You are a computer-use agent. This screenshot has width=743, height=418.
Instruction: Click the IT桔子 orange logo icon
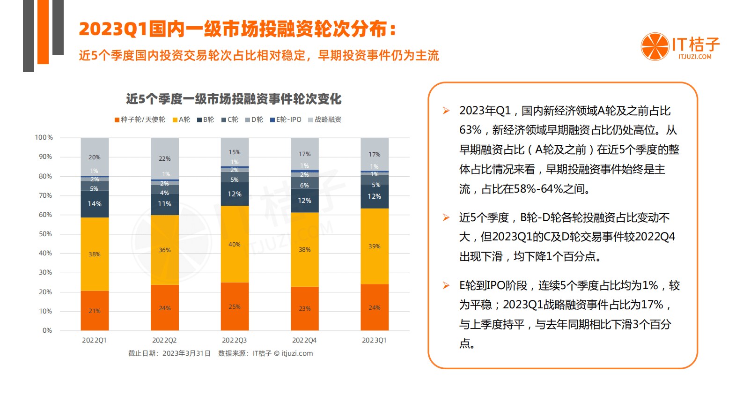coord(655,46)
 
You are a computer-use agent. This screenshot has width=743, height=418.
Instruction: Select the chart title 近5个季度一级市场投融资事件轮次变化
coord(234,99)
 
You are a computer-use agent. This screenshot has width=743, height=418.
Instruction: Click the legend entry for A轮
coord(182,120)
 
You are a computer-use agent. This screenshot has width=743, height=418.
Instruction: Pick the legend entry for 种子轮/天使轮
coord(140,120)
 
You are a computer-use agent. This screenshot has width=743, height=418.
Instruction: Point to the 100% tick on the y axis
coord(44,138)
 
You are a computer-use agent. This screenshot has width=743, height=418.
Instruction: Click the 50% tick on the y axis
coord(45,234)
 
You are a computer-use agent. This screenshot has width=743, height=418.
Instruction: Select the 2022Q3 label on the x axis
coord(234,340)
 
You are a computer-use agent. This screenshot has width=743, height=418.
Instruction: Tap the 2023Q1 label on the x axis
coord(374,340)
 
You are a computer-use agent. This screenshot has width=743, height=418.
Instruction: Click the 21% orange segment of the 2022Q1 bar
coord(95,311)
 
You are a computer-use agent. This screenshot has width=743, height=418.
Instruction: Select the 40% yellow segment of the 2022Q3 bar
coord(235,244)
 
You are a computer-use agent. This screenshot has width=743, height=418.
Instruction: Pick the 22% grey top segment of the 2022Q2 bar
coord(164,158)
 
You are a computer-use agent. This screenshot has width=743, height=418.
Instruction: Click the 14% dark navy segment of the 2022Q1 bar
coord(95,204)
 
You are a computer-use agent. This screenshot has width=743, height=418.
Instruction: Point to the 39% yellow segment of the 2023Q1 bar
coord(375,246)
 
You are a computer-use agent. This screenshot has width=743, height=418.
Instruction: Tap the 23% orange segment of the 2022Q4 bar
coord(305,308)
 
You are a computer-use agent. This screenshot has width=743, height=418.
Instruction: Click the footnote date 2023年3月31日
coord(186,353)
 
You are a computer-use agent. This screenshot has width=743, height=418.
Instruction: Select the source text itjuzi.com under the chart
coord(297,353)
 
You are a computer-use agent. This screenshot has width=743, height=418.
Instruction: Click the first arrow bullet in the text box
coord(446,111)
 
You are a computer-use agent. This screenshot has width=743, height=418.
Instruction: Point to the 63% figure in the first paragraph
coord(470,130)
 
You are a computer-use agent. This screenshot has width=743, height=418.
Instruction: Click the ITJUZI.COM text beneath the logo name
coord(695,57)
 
